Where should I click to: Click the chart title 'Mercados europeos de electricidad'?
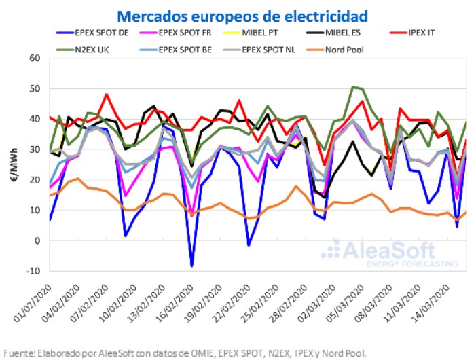tap(243, 16)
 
